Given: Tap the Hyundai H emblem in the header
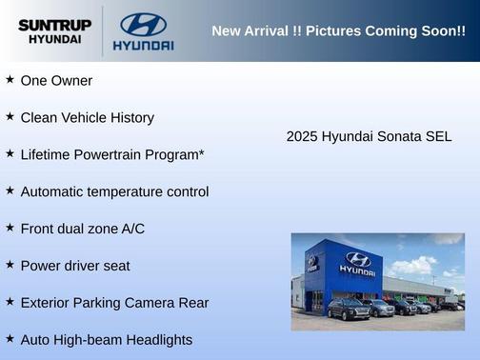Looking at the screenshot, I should point(144,24).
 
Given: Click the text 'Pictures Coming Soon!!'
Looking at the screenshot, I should point(386,31).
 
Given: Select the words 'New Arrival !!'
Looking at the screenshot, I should point(255,31).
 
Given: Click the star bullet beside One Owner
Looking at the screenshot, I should point(10,80).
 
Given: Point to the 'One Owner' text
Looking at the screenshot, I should point(56,81).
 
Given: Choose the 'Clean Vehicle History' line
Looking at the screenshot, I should point(87,118).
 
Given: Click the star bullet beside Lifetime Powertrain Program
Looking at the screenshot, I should point(10,153).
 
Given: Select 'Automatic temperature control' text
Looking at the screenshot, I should point(114,191).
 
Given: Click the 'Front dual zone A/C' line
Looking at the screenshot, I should point(82,229).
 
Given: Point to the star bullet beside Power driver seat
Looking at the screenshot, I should point(10,264).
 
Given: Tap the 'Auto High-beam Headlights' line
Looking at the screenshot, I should point(106,340).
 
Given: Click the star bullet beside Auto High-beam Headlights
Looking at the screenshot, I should point(10,338).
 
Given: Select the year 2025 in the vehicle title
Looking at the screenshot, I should point(302,137).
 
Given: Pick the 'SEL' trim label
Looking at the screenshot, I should point(438,137).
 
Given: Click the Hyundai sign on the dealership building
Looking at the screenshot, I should point(358,262).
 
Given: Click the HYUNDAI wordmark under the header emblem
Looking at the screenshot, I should point(144,45).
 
